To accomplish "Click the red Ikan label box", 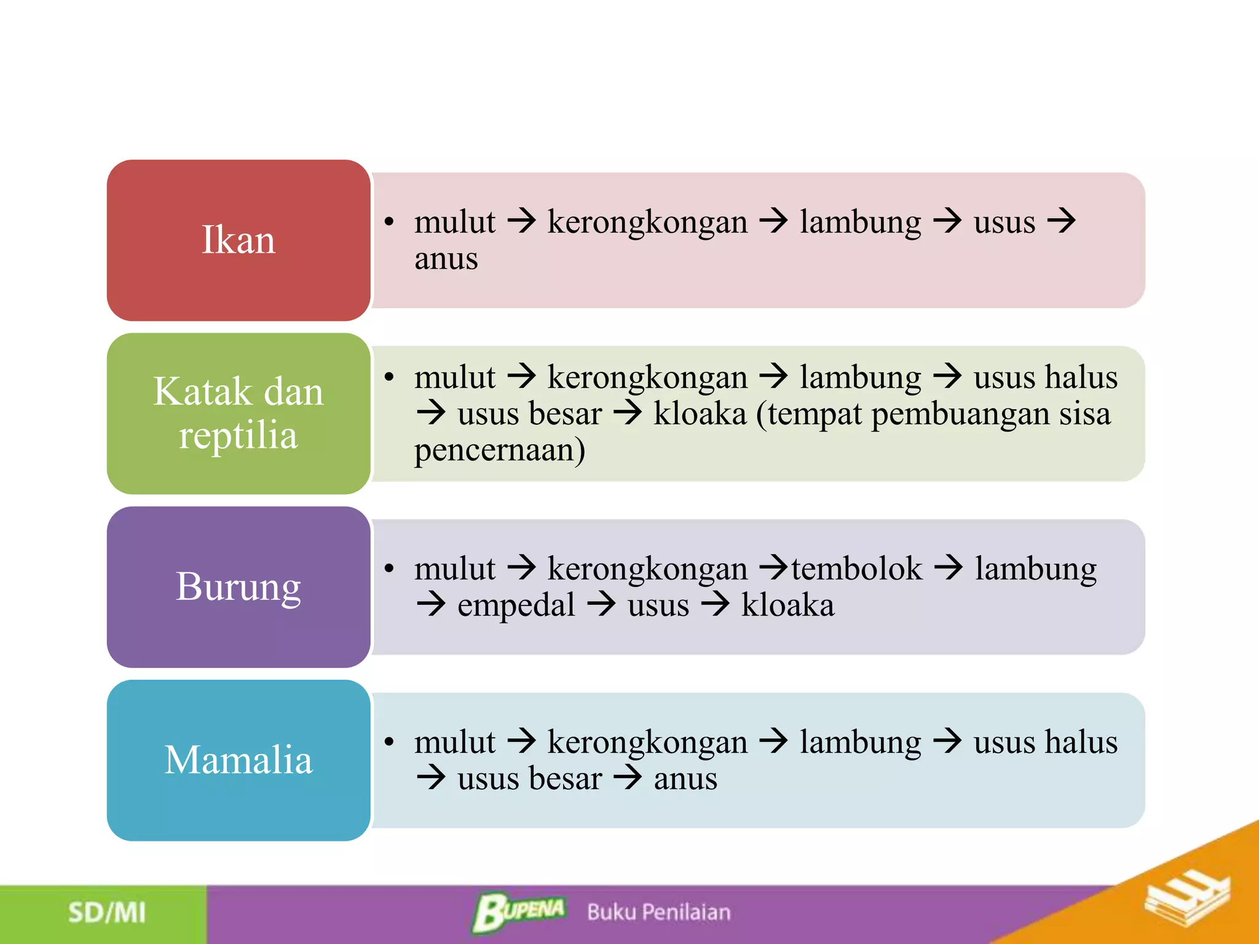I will click(239, 240).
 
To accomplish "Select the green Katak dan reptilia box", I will click(239, 414).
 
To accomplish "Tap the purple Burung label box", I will click(239, 587).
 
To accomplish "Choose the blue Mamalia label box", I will click(239, 760).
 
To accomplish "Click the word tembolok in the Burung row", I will click(856, 568).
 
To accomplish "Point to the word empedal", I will click(516, 606).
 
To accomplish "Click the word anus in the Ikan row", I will click(446, 259).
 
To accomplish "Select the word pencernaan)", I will click(499, 450).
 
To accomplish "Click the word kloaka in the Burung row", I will click(787, 605).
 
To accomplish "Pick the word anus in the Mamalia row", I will click(685, 779).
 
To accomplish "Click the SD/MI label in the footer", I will click(107, 913).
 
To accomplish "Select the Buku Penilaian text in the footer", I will click(658, 912).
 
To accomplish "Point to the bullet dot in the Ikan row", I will click(389, 222).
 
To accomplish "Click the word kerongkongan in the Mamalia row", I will click(647, 742).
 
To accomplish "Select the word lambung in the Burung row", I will click(1035, 568).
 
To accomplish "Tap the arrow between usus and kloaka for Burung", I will click(715, 605).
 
